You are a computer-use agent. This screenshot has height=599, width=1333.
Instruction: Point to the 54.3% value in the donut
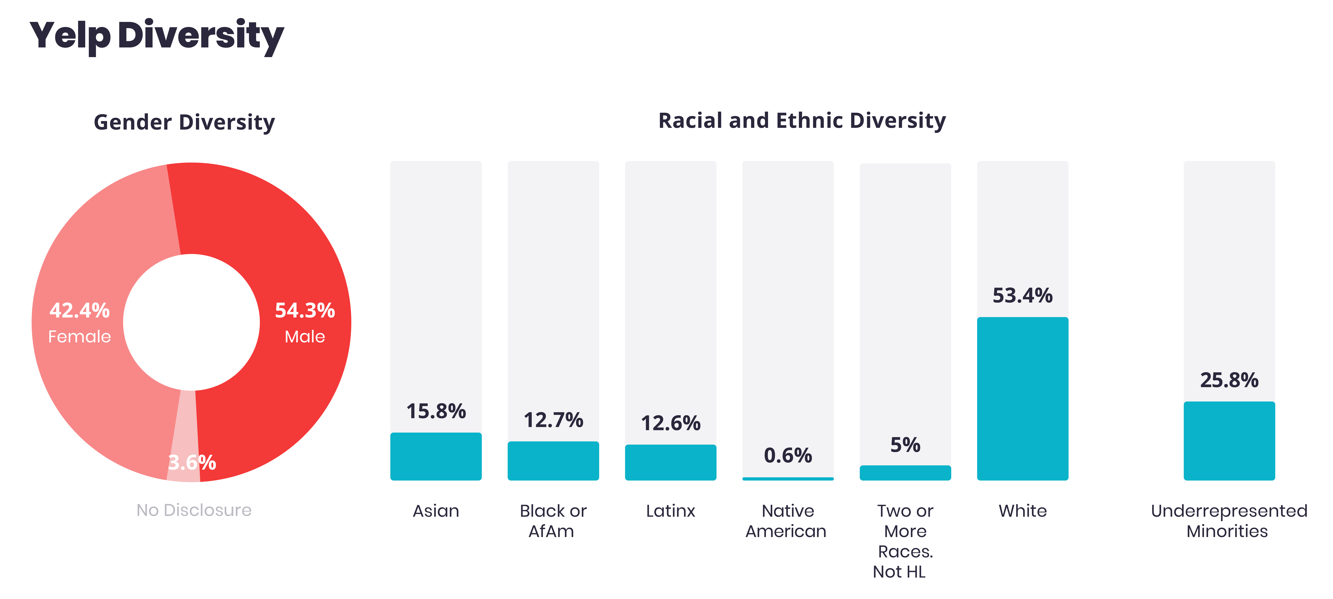(x=305, y=310)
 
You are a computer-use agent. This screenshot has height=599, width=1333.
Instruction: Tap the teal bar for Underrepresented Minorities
(x=1229, y=441)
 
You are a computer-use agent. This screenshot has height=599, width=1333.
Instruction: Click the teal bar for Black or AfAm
(x=553, y=461)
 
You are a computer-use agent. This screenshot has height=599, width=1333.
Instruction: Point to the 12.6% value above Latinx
(x=671, y=423)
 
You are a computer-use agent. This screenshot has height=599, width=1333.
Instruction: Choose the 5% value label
(x=905, y=445)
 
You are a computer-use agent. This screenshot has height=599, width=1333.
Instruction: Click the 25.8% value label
(x=1229, y=380)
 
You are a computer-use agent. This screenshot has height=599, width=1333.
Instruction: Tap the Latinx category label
(x=671, y=511)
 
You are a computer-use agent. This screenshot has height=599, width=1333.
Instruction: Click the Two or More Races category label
(x=905, y=541)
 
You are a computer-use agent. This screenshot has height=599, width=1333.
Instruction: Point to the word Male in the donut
(x=305, y=337)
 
